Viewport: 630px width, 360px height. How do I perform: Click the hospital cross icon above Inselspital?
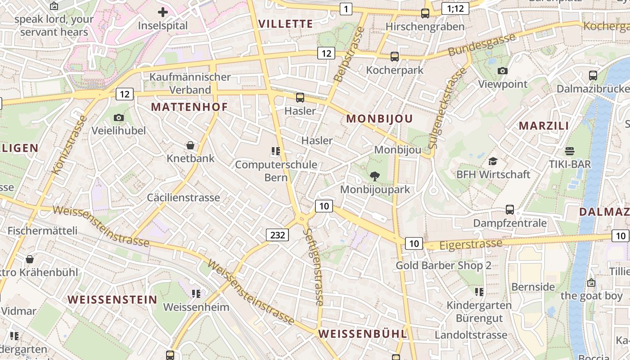coord(163,12)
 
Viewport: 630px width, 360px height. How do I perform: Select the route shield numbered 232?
coord(277,234)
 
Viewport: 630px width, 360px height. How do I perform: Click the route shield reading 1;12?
coord(455,8)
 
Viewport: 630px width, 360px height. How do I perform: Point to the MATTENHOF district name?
coord(189,107)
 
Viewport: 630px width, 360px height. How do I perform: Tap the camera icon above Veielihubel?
coord(119,118)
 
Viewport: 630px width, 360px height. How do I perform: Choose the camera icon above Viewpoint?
coord(503,71)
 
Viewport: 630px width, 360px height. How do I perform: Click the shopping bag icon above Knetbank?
coord(190,145)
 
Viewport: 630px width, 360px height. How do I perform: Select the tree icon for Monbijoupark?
coord(374,176)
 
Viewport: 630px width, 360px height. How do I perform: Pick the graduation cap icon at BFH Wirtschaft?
coord(493,161)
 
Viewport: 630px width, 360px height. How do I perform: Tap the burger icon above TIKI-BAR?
coord(570,151)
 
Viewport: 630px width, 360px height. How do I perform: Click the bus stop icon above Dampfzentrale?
coord(510,209)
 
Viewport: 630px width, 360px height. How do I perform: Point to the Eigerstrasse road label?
coord(471,244)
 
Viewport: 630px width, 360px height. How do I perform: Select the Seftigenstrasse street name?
coord(313,266)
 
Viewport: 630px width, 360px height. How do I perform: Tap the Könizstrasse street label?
coord(69,145)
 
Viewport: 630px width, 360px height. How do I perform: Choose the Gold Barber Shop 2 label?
coord(443,265)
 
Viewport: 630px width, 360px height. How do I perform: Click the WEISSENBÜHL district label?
coord(363,334)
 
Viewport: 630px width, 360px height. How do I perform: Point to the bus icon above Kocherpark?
coord(395,57)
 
